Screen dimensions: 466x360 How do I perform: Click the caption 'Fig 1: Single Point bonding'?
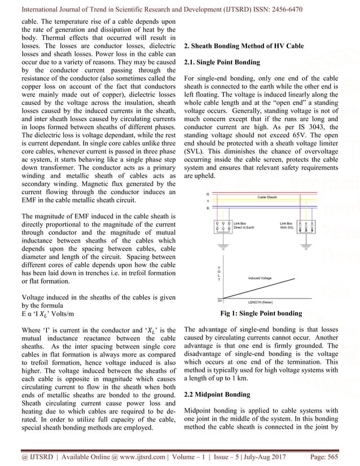click(x=264, y=313)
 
